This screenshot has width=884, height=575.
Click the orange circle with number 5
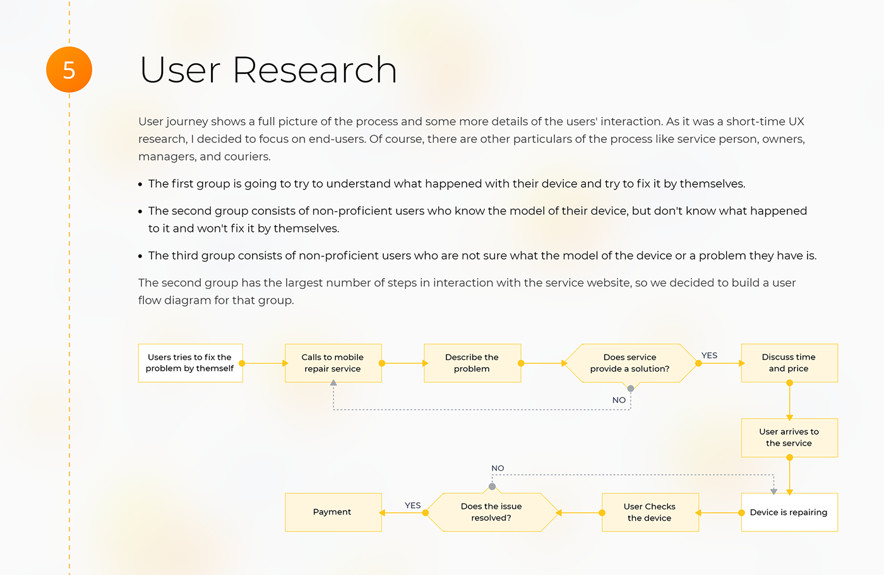(x=69, y=70)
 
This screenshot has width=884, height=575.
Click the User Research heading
(x=268, y=70)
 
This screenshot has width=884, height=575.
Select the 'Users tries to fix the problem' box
(x=190, y=363)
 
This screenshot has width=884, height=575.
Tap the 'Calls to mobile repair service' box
(x=333, y=363)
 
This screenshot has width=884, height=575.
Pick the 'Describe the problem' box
(x=472, y=363)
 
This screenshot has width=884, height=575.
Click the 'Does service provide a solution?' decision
(x=630, y=363)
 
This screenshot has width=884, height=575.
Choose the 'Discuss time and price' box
(x=789, y=363)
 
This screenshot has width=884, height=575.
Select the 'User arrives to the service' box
(x=789, y=437)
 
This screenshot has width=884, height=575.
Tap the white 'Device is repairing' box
(x=789, y=512)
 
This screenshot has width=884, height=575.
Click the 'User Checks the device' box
(x=650, y=512)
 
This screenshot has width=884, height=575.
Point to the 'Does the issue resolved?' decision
(x=491, y=512)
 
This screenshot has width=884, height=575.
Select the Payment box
(x=333, y=512)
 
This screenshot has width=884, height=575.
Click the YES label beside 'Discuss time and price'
(x=709, y=355)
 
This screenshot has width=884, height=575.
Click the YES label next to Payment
(x=412, y=505)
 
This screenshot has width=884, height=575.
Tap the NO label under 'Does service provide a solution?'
(x=619, y=400)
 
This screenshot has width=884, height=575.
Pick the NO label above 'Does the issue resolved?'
(x=498, y=468)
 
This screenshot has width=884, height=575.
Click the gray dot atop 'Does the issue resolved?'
(x=492, y=487)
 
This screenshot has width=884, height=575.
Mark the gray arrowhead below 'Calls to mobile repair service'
(x=333, y=383)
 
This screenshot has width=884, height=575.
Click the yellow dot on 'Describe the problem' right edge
(x=521, y=363)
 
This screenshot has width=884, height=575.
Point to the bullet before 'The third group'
(x=140, y=257)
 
